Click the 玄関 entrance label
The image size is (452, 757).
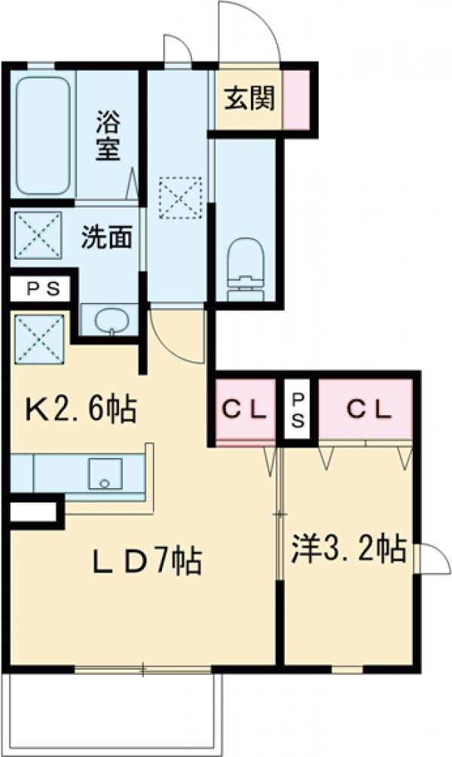248,98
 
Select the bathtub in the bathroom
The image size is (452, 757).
44,134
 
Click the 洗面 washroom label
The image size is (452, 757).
107,237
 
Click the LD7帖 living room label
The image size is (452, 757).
146,560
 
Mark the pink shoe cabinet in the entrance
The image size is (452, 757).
295,98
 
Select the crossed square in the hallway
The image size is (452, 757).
181,197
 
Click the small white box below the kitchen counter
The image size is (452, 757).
33,514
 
